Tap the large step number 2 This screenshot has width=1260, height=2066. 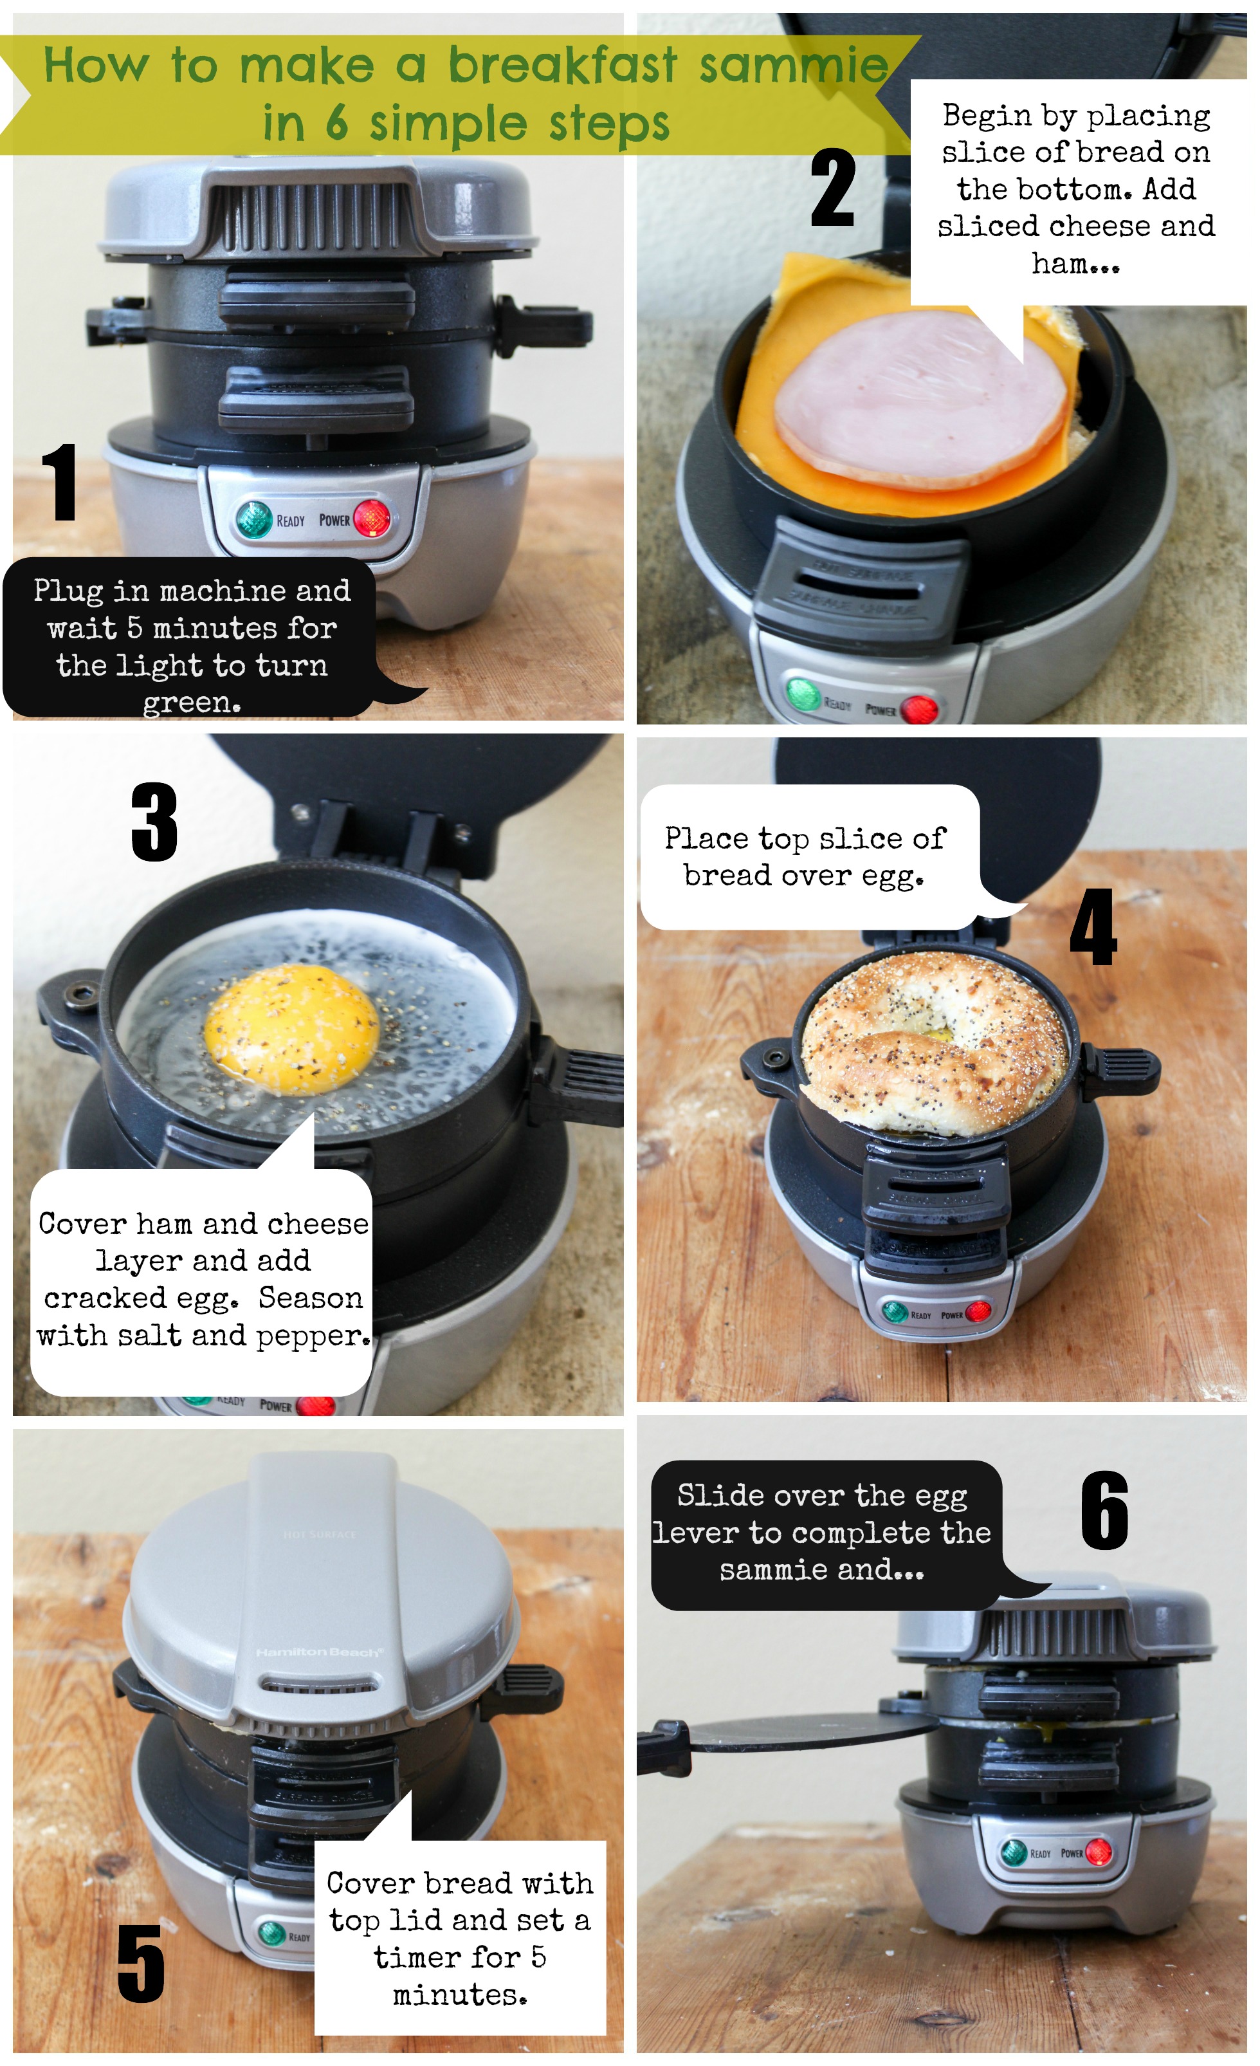tap(832, 187)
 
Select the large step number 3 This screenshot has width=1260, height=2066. tap(154, 821)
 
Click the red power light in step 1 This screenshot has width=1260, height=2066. tap(371, 518)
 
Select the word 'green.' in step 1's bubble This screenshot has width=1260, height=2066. tap(192, 703)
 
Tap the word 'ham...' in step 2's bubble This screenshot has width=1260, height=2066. tap(1075, 263)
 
